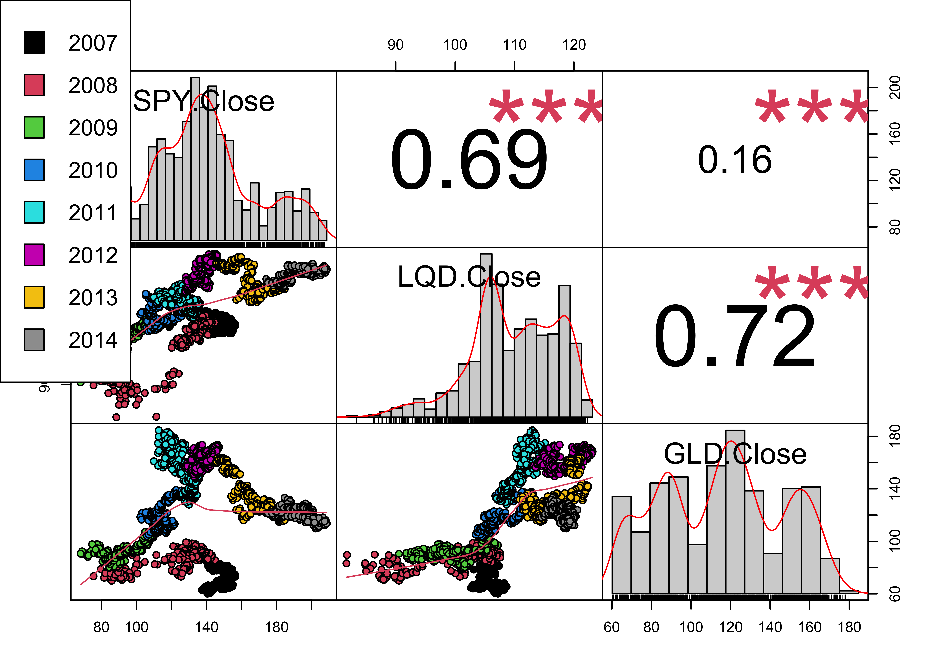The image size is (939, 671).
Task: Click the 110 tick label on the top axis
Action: coord(515,45)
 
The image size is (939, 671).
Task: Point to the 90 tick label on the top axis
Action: coord(396,45)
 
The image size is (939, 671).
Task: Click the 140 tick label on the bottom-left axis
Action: coord(206,627)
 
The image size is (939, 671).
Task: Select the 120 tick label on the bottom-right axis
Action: coord(731,627)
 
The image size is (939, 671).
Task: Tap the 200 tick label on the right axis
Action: coord(894,88)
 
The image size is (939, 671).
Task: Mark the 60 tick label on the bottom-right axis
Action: coord(612,627)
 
